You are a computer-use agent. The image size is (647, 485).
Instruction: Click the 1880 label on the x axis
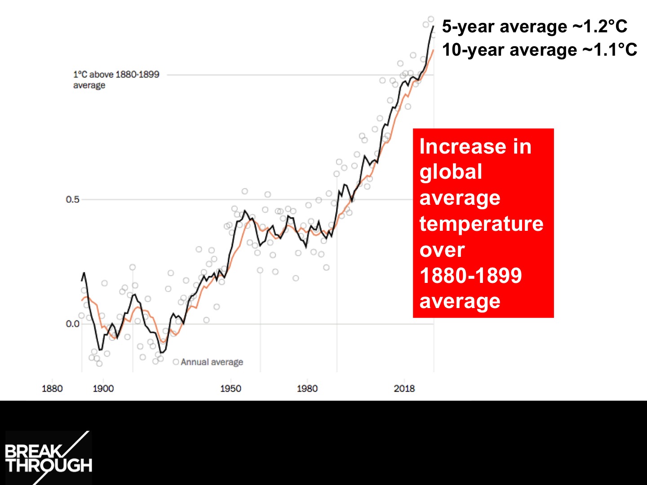tap(52, 388)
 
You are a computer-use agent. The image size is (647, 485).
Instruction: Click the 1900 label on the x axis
tap(103, 388)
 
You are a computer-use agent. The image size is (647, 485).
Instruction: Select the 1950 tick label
tap(230, 388)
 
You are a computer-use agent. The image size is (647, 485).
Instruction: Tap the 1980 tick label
tap(307, 388)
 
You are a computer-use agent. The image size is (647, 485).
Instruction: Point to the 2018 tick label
tap(404, 388)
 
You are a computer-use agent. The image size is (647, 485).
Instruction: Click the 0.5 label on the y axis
tap(72, 199)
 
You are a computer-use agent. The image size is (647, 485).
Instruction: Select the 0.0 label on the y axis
tap(72, 324)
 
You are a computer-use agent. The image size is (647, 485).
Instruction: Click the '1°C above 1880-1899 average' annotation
tap(116, 79)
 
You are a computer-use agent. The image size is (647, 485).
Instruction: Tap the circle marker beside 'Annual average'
tap(176, 362)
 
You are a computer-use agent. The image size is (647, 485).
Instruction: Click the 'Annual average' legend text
tap(212, 362)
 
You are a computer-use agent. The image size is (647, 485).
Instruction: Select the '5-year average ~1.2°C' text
tap(534, 26)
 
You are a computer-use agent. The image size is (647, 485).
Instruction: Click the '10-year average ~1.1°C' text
tap(539, 50)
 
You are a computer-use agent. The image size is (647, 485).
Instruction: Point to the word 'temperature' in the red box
tap(481, 223)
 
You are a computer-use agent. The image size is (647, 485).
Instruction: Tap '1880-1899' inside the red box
tap(470, 275)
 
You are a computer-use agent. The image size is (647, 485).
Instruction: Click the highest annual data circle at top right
tap(431, 19)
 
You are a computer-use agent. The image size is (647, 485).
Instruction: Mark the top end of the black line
tap(433, 26)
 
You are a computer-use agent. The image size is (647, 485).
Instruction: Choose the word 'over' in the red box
tap(442, 250)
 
